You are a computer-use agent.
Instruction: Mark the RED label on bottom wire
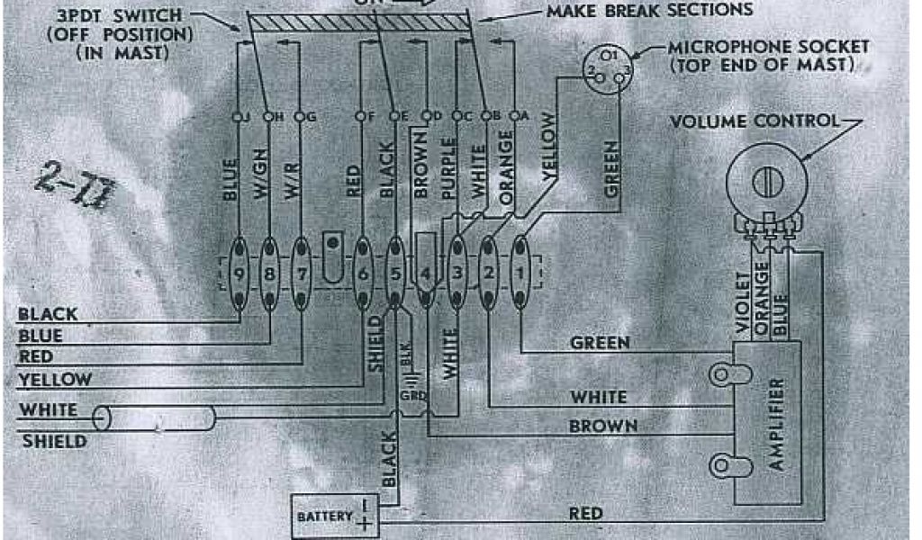pyautogui.click(x=585, y=514)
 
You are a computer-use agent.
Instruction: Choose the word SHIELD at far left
pyautogui.click(x=53, y=441)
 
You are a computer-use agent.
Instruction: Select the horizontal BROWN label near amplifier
pyautogui.click(x=603, y=426)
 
